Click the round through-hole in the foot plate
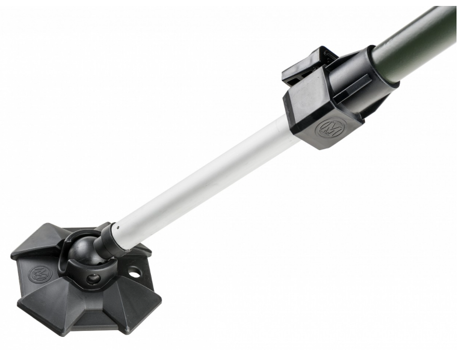click(134, 272)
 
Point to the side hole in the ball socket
click(93, 279)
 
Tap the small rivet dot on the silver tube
click(117, 229)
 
